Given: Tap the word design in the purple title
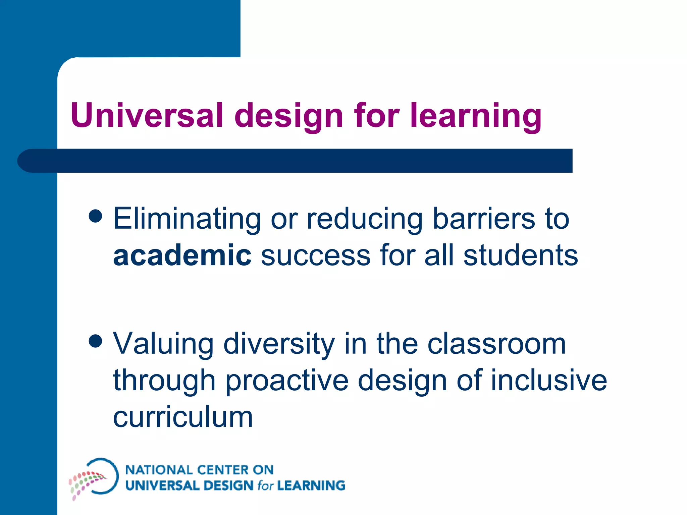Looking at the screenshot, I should click(x=288, y=116).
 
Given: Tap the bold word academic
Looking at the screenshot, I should click(x=182, y=255).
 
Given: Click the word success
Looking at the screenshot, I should click(x=315, y=255).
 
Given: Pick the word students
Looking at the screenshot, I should click(x=521, y=255).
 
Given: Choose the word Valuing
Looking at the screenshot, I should click(x=163, y=344).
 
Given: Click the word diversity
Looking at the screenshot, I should click(x=279, y=344).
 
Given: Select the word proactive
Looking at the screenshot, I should click(x=287, y=381).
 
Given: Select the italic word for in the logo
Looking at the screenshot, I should click(x=265, y=485).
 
